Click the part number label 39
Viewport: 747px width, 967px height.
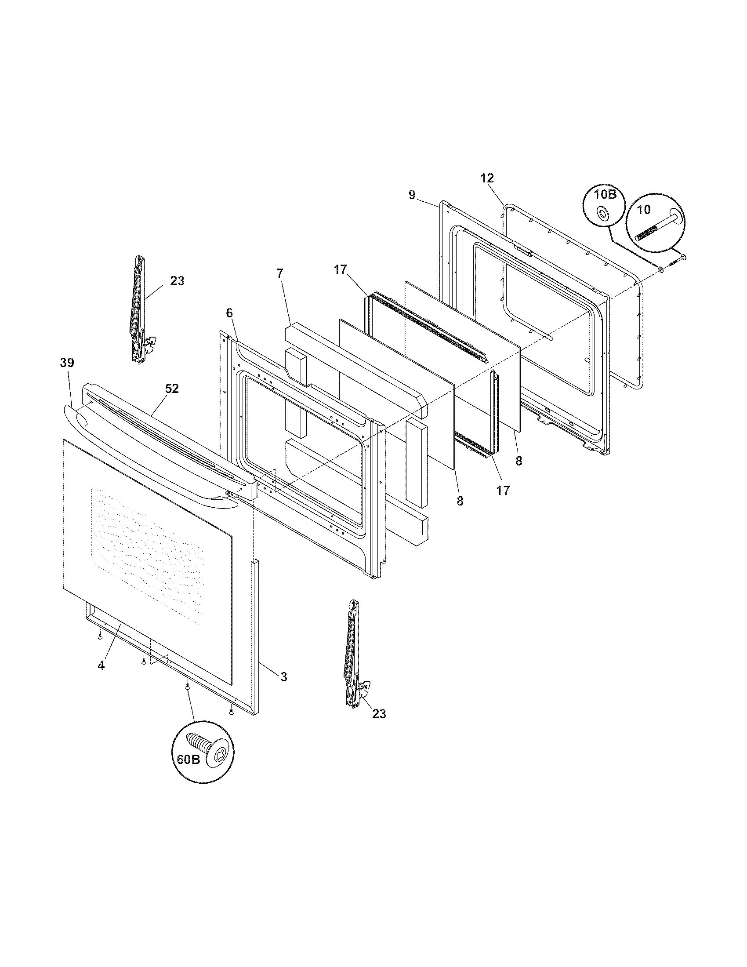tap(67, 363)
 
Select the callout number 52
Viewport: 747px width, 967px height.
tap(172, 388)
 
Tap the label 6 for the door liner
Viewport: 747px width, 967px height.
tap(229, 313)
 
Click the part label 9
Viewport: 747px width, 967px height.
tap(412, 195)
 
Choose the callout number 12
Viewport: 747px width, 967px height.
tap(487, 178)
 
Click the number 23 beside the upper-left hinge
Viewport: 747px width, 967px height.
tap(177, 281)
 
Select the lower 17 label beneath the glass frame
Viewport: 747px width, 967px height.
tap(503, 490)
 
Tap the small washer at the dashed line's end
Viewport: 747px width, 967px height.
tap(661, 269)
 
